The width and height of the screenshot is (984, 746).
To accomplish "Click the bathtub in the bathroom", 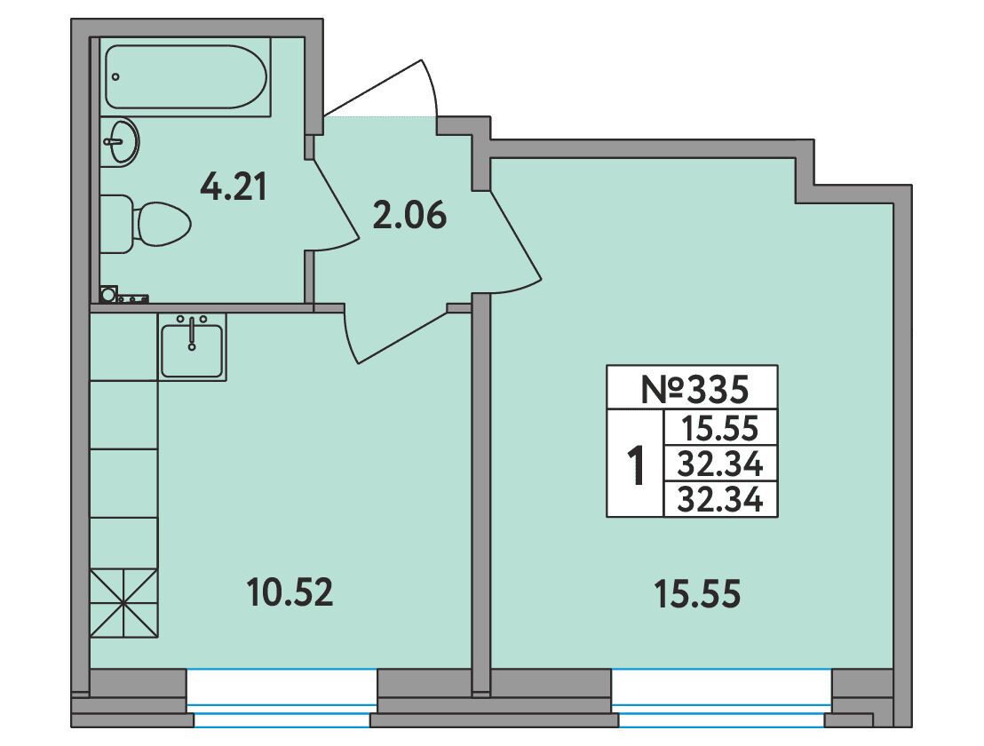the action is coord(186,76).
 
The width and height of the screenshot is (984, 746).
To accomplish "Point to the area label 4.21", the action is coord(234,187).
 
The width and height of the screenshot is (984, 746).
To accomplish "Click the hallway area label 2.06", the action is coord(409,215).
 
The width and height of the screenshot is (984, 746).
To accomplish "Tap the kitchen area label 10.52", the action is coord(290,593).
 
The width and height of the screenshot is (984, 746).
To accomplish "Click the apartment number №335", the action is coord(694,389).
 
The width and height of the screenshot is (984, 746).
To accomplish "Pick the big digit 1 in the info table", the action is coord(637,464).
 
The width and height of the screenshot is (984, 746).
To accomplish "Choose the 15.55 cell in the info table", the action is coord(721,430).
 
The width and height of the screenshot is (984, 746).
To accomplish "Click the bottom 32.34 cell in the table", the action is coord(721,501).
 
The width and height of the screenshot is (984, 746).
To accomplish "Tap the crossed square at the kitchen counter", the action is coord(124,604).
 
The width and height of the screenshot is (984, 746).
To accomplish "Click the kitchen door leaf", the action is coord(350,337).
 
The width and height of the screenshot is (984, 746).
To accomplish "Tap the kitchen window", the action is coord(282,699).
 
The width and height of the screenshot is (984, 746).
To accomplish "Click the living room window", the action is coord(722,699).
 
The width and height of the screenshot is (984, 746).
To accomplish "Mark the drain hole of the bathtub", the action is coord(115,76).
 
